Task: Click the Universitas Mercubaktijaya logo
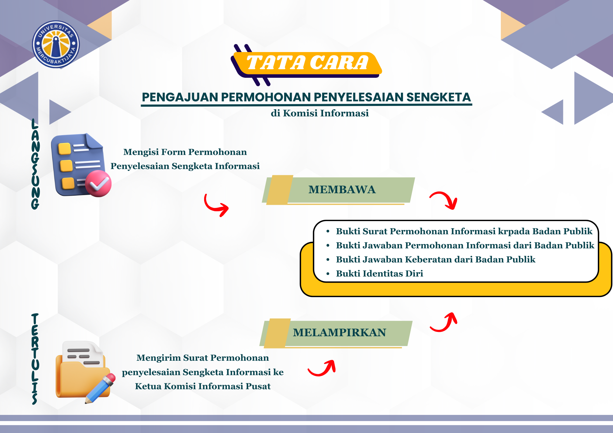click(x=56, y=44)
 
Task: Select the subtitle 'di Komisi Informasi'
click(x=320, y=113)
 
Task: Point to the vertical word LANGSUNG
click(x=35, y=164)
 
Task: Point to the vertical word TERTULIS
click(x=35, y=359)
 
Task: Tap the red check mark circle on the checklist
click(x=98, y=183)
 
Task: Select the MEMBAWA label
click(x=342, y=190)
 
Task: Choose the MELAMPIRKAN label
click(x=339, y=333)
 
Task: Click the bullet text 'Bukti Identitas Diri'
click(x=379, y=273)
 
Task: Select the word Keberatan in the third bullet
click(x=428, y=259)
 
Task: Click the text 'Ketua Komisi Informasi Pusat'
click(x=203, y=386)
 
